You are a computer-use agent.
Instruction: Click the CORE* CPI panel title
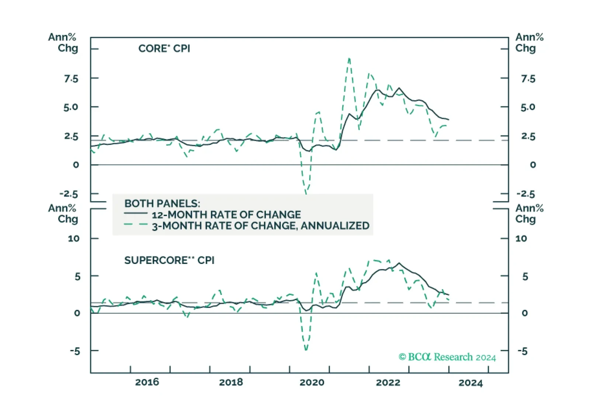click(x=164, y=49)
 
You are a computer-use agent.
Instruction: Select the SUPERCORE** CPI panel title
click(x=169, y=260)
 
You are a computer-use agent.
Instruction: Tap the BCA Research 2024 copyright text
click(x=447, y=357)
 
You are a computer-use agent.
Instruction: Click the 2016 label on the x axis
click(x=147, y=382)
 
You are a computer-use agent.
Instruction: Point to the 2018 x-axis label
click(x=231, y=382)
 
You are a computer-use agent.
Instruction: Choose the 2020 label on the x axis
click(x=312, y=382)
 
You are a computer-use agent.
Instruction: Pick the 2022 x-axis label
click(x=388, y=382)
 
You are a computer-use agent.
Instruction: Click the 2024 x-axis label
click(x=471, y=383)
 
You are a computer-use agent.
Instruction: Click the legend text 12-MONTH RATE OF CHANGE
click(x=226, y=215)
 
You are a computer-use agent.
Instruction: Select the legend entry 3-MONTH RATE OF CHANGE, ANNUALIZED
click(x=261, y=226)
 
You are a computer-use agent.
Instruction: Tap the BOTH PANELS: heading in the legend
click(x=162, y=204)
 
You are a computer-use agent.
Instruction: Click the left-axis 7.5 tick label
click(x=71, y=79)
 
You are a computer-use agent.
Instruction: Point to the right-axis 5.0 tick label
click(x=528, y=107)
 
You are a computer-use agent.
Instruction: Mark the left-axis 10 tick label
click(x=74, y=239)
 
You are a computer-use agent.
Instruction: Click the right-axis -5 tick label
click(x=523, y=351)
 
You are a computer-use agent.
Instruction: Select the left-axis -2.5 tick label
click(x=69, y=194)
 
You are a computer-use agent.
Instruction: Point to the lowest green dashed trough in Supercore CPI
click(x=306, y=350)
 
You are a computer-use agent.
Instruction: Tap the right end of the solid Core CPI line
click(x=449, y=119)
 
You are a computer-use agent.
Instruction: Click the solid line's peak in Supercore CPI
click(x=399, y=263)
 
